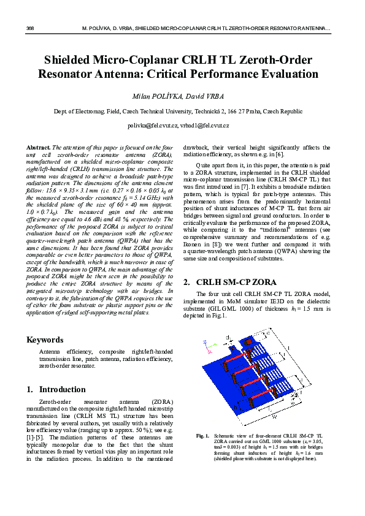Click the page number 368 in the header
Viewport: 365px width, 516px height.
[30, 29]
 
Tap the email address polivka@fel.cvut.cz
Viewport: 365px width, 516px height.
[152, 125]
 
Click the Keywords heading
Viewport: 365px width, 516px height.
[45, 340]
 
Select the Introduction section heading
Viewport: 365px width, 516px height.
[62, 389]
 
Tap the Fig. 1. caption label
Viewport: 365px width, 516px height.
[203, 436]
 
